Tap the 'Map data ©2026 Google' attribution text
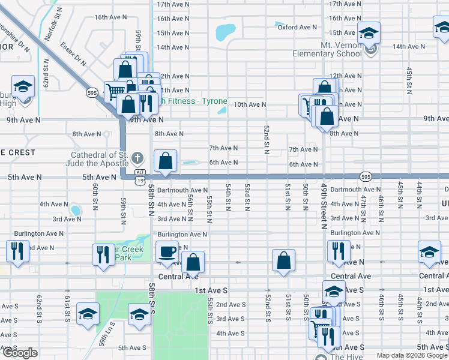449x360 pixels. [x=412, y=355]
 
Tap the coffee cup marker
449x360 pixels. [x=167, y=251]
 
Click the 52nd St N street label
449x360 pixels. [x=266, y=139]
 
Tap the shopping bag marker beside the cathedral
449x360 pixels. [x=165, y=161]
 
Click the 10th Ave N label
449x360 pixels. [x=250, y=104]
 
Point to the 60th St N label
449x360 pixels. [x=95, y=197]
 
